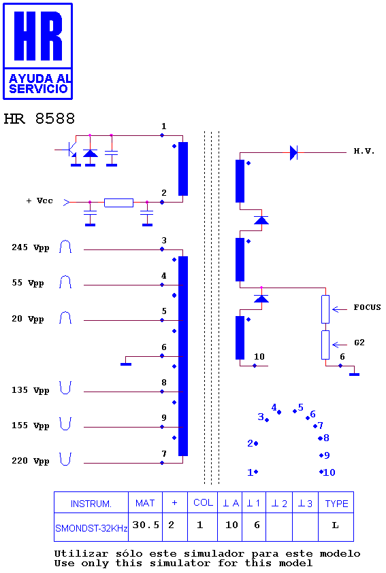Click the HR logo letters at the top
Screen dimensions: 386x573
(x=38, y=35)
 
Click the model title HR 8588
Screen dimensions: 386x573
(x=39, y=119)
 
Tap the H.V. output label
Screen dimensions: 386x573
(x=364, y=152)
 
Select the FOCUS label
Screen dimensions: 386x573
(x=367, y=307)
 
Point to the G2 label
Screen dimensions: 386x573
(x=359, y=343)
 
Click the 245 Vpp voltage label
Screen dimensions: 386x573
(x=31, y=248)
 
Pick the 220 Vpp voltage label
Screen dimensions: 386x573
(x=31, y=461)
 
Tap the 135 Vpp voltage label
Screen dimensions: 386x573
(x=31, y=390)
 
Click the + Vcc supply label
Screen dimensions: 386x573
(x=39, y=201)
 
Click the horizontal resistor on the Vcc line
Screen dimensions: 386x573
(x=118, y=203)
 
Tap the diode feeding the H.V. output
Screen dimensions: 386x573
(x=293, y=152)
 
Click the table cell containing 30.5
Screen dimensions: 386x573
(x=146, y=525)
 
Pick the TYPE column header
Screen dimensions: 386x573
(x=336, y=504)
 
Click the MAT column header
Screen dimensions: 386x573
(x=145, y=503)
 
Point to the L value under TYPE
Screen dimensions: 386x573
(x=335, y=525)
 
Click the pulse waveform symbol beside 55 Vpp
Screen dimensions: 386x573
(x=65, y=282)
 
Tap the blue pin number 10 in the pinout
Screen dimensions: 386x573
(x=329, y=472)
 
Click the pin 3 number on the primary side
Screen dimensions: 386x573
(x=164, y=241)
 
